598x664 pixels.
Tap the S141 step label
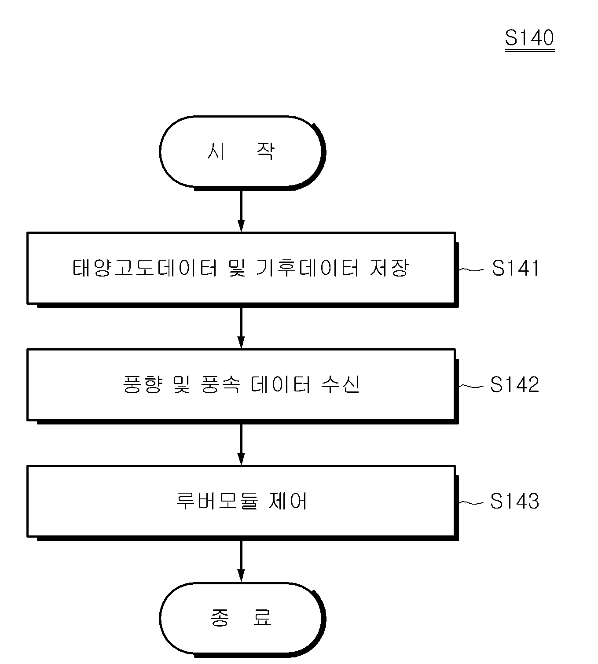coord(515,268)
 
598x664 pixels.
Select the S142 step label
coord(514,385)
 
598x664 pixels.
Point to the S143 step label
coord(514,501)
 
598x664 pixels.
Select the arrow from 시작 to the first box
coord(241,211)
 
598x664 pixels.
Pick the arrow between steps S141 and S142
coord(241,328)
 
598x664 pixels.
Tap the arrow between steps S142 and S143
coord(241,445)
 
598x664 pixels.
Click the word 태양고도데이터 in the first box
coord(145,268)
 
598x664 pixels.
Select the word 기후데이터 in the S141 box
coord(307,268)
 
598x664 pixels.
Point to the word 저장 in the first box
coord(389,268)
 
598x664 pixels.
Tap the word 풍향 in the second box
coord(143,384)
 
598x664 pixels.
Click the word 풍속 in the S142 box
coord(220,384)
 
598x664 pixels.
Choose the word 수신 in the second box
coord(341,384)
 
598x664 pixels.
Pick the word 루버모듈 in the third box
coord(217,501)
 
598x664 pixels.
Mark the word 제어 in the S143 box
coord(288,501)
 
